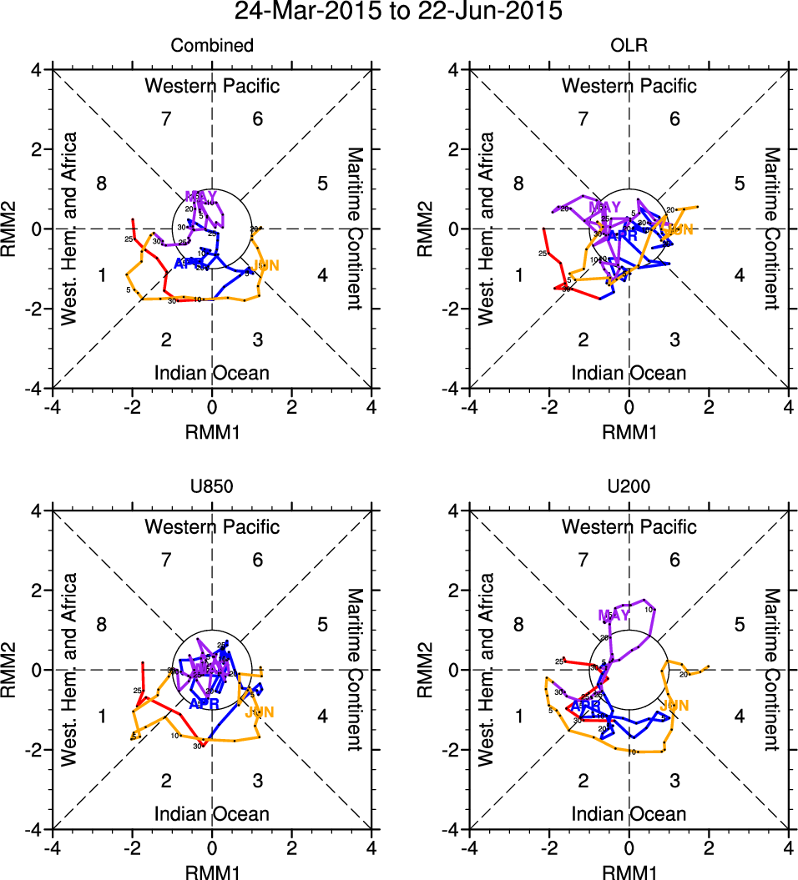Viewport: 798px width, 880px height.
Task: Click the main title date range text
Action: click(398, 12)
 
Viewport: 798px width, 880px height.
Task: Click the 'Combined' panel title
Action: click(212, 46)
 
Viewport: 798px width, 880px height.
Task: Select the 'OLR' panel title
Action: click(629, 46)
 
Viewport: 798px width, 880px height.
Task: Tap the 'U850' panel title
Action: click(212, 487)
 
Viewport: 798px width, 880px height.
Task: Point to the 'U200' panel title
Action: click(629, 487)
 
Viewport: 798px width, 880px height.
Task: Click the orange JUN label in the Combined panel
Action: click(265, 266)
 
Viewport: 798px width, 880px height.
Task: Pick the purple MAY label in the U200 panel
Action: click(614, 616)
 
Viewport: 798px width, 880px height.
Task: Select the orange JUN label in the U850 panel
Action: click(259, 712)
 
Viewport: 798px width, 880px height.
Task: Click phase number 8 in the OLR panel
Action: click(518, 184)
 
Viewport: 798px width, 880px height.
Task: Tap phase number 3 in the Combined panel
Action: click(258, 339)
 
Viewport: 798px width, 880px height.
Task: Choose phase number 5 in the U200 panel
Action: click(739, 625)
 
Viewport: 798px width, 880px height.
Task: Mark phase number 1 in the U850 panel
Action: click(102, 716)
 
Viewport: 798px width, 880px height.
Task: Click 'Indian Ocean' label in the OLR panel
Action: click(629, 373)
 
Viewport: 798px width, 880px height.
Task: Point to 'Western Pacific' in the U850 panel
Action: click(212, 527)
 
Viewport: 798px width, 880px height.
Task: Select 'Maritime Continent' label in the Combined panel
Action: click(355, 229)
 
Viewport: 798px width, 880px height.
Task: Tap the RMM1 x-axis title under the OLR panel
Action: click(629, 430)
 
